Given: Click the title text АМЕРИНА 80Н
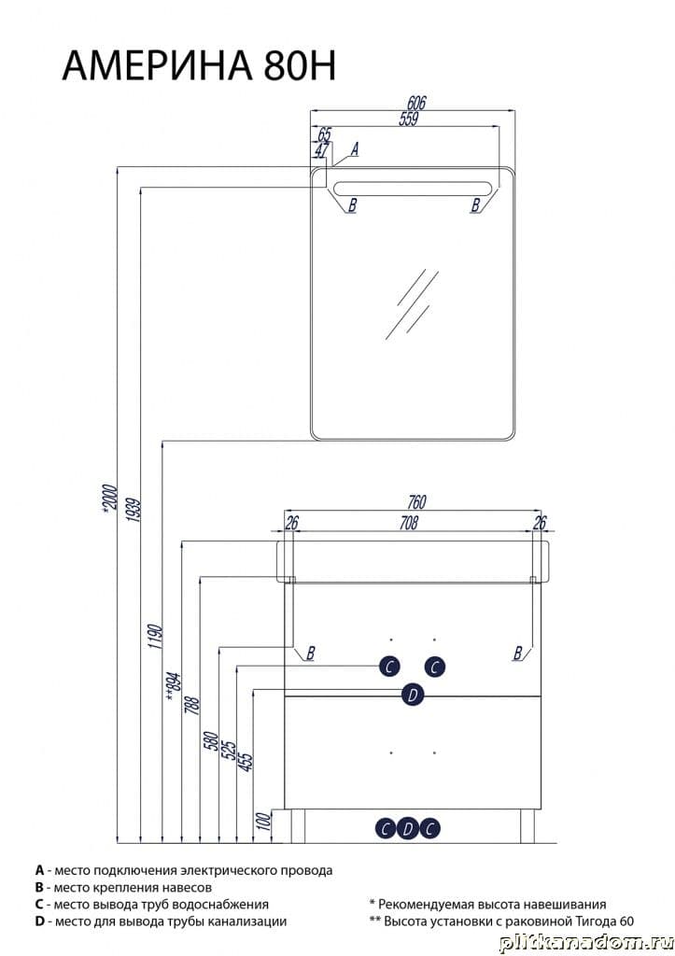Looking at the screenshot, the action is (199, 65).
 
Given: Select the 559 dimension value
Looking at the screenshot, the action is (409, 119).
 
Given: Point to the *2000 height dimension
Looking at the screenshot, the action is (108, 499).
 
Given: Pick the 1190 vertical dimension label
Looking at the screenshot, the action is (155, 636).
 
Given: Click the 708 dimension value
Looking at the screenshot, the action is (409, 523).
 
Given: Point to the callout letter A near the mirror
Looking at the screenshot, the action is (354, 148).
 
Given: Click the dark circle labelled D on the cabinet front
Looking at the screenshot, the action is (413, 695).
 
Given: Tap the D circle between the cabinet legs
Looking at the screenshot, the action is (408, 829).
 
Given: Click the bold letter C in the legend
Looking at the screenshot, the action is (39, 904).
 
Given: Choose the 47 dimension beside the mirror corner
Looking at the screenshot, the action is (322, 149).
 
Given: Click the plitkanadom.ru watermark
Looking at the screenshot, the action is (586, 942).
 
